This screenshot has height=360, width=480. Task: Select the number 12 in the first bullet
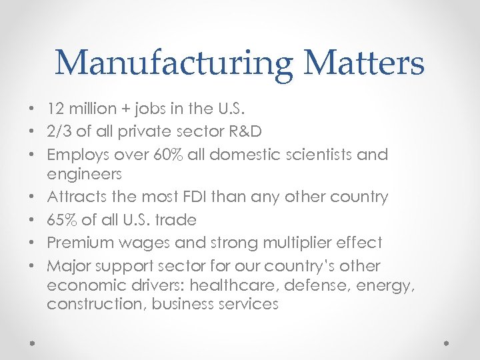point(55,107)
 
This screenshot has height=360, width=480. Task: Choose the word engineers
point(84,174)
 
